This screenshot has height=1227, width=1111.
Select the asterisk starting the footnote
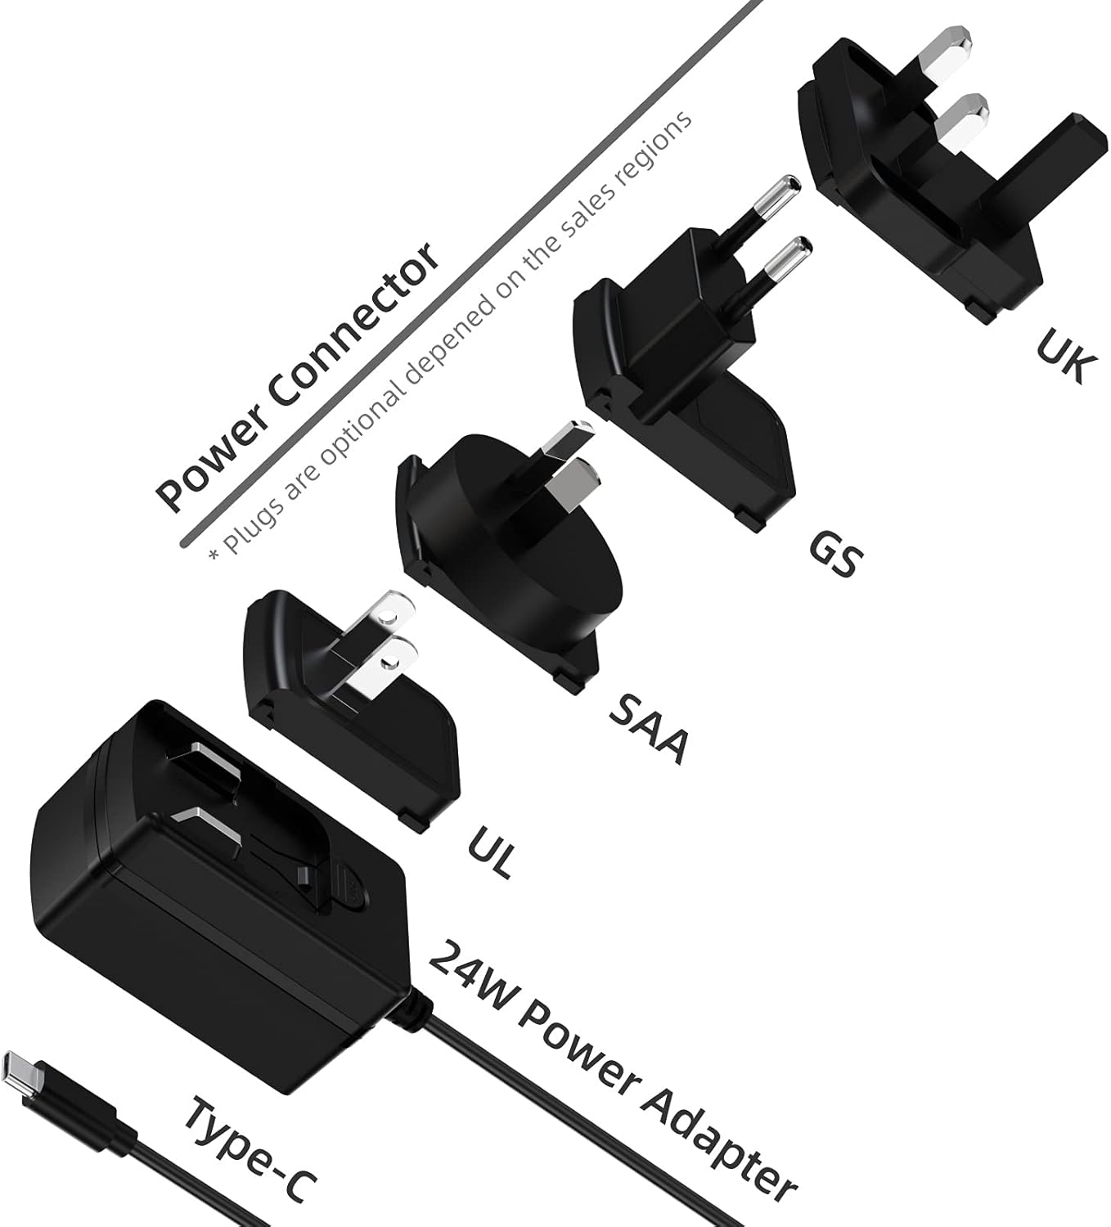point(214,554)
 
